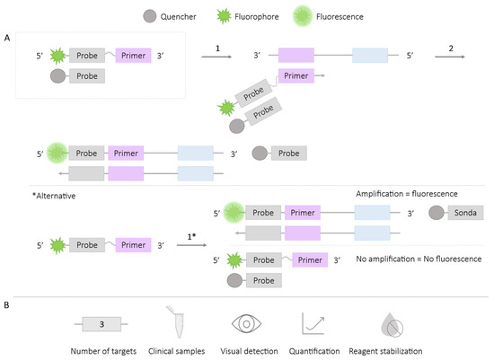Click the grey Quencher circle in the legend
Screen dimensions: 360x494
pyautogui.click(x=149, y=15)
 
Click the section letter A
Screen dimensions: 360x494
pyautogui.click(x=7, y=39)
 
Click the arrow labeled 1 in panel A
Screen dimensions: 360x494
pyautogui.click(x=216, y=57)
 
